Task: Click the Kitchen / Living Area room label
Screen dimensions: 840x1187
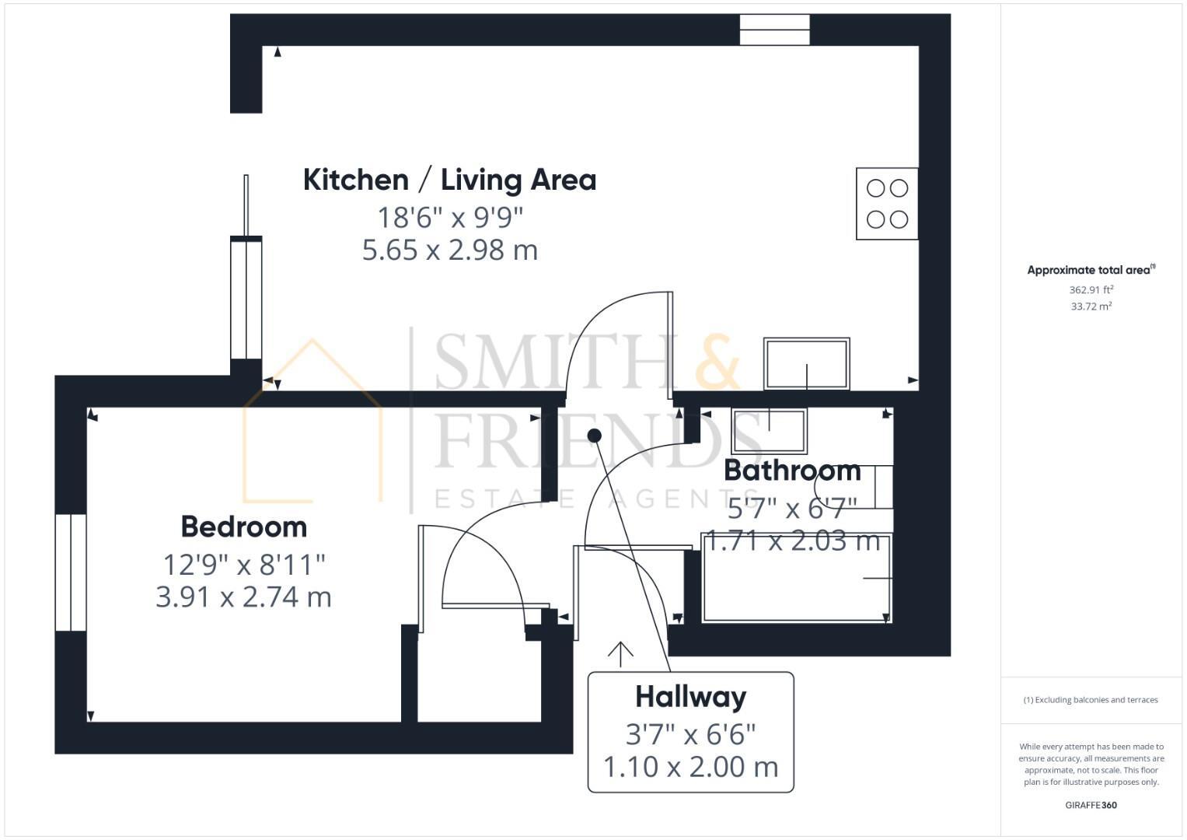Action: (449, 180)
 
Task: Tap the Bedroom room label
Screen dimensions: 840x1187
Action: (243, 527)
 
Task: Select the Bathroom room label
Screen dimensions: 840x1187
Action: (791, 471)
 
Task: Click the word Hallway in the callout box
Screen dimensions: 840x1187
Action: (690, 696)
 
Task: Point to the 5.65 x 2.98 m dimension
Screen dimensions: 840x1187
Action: (449, 250)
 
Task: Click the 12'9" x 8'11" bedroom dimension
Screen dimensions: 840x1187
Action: (243, 564)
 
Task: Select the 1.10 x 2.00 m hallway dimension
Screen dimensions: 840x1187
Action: (690, 767)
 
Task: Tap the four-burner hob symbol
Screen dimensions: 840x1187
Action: (887, 204)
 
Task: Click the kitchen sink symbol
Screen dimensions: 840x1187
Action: (806, 363)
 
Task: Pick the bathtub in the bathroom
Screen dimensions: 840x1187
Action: (796, 578)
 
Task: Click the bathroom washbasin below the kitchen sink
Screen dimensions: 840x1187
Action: (769, 430)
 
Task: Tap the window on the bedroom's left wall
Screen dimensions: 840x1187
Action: (71, 572)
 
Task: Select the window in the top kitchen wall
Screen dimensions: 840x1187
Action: (774, 30)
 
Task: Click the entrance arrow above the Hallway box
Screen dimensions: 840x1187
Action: (620, 654)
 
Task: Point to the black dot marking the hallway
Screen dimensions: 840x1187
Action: (595, 436)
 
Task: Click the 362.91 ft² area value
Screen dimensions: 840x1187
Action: (1091, 289)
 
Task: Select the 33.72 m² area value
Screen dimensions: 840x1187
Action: (1091, 306)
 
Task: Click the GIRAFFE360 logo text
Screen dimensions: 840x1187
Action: (1091, 805)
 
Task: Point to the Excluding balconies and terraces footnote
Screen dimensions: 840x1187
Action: (1091, 700)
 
